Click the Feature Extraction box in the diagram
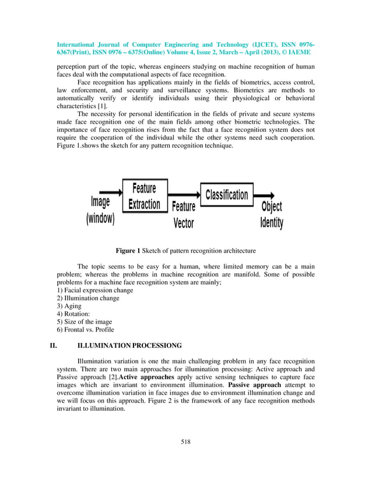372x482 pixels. tap(145, 196)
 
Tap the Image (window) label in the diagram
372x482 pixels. tap(100, 211)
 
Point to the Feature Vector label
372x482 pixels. tap(184, 215)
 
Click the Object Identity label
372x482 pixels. tap(271, 215)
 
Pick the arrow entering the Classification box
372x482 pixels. tap(184, 195)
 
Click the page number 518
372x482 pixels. tap(186, 441)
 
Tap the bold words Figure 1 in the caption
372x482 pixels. tap(128, 251)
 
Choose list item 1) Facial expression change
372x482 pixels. tap(94, 290)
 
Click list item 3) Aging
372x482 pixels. tap(69, 306)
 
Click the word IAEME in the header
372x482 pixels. tap(300, 52)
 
